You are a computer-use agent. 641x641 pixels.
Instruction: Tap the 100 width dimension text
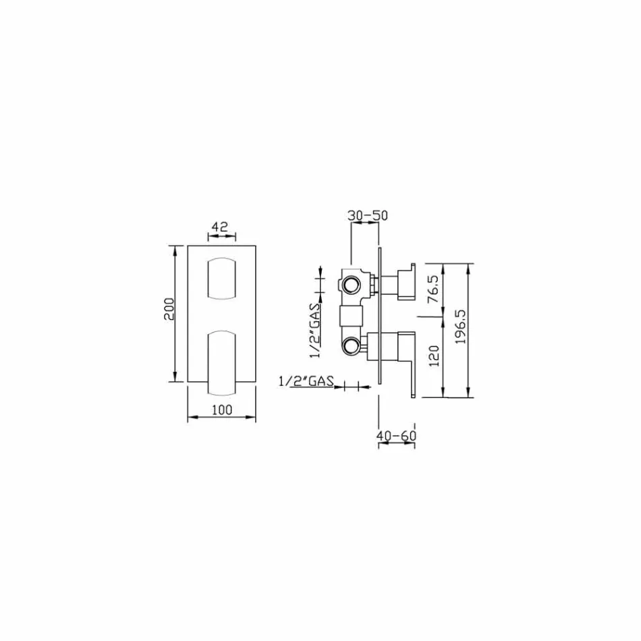point(221,410)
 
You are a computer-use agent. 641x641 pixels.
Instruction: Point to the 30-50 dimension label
point(368,215)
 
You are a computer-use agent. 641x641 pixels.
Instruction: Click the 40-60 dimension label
point(396,436)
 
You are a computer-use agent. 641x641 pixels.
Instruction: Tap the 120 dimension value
point(434,355)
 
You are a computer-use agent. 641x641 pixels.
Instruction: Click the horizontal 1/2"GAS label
point(306,382)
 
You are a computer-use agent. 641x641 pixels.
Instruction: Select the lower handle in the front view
point(221,361)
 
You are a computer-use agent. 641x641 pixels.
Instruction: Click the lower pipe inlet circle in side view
point(351,347)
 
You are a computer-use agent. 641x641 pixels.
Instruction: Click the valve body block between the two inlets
point(351,314)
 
